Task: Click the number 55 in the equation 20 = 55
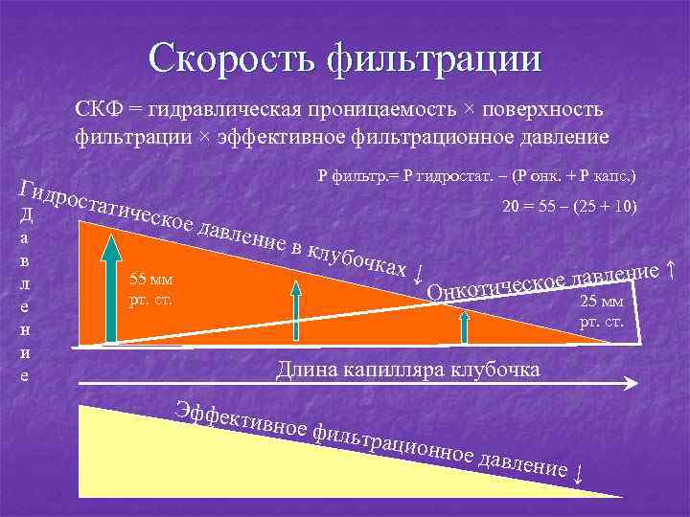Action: click(x=541, y=208)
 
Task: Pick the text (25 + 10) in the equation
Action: click(x=600, y=208)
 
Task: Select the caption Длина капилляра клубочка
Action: click(x=407, y=369)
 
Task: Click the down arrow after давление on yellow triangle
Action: click(x=578, y=474)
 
